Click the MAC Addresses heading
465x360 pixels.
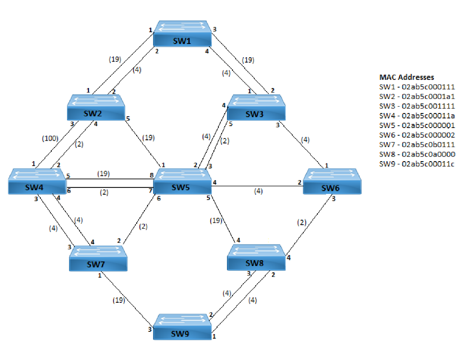point(406,77)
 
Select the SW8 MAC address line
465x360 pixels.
point(417,154)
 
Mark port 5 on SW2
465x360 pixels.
point(128,119)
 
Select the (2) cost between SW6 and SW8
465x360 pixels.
point(302,222)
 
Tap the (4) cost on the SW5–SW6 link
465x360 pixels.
point(258,191)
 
